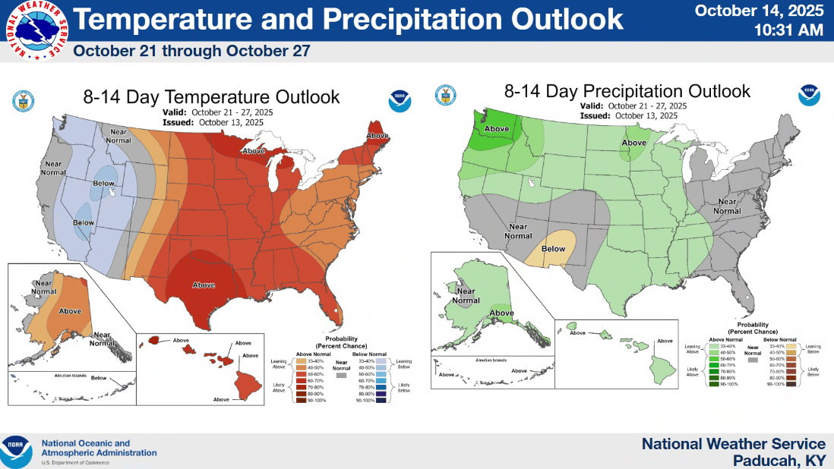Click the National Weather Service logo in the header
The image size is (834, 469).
[x=36, y=31]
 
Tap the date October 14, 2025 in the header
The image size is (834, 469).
[x=760, y=11]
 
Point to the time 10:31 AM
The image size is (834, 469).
[x=789, y=30]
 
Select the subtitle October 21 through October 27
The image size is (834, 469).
[x=191, y=52]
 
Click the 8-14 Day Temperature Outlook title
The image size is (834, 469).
[x=211, y=97]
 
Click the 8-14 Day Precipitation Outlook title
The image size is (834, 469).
[x=627, y=92]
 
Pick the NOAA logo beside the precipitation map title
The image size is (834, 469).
[x=809, y=96]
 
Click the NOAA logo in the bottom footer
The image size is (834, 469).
[x=16, y=452]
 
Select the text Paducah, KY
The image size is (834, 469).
[x=779, y=461]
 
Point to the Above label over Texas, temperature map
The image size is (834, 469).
[x=204, y=285]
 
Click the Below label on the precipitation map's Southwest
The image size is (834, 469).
[x=553, y=249]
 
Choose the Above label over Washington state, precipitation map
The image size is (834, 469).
[x=497, y=128]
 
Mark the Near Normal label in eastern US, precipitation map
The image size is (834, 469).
[x=727, y=206]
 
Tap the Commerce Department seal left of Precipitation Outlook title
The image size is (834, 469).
[x=445, y=95]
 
